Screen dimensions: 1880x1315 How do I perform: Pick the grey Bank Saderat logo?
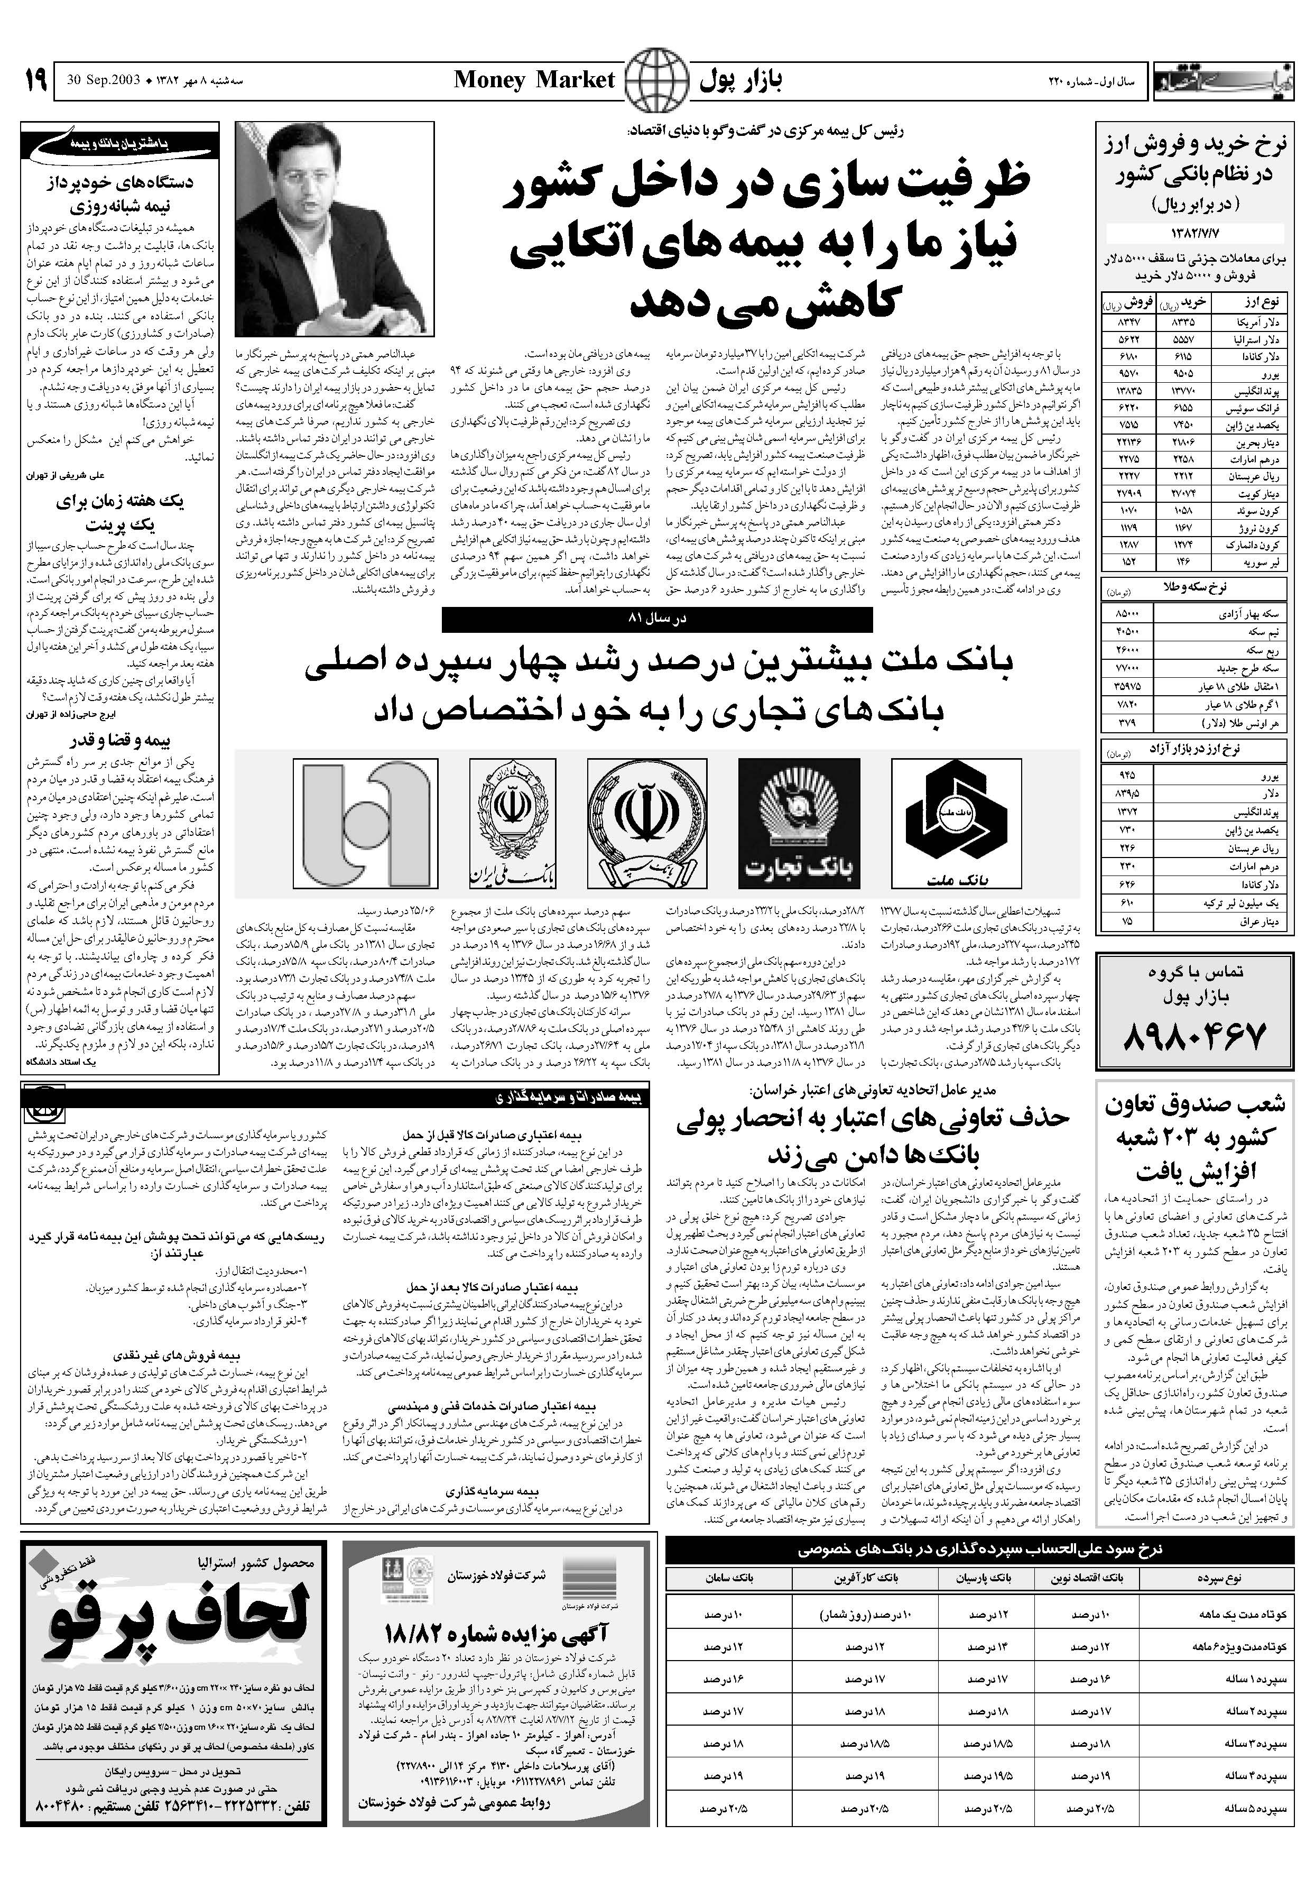coord(365,823)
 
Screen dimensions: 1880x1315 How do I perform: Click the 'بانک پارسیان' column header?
coord(993,1577)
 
